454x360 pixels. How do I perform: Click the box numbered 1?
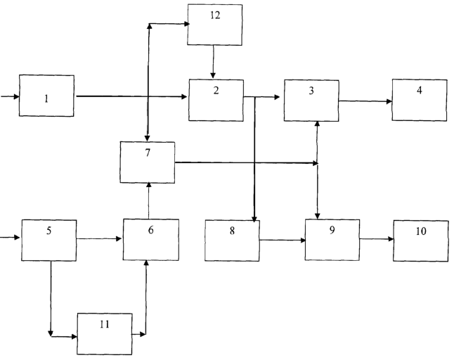[x=46, y=96]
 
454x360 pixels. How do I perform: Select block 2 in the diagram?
[x=216, y=100]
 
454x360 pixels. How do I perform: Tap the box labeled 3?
[x=311, y=101]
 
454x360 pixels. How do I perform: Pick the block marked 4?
[x=420, y=100]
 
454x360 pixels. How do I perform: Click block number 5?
[x=49, y=240]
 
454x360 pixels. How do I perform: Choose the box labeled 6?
[x=151, y=240]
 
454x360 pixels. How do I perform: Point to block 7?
[x=148, y=162]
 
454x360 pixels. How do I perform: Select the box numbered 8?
[x=232, y=240]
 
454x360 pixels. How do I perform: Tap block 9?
[x=332, y=240]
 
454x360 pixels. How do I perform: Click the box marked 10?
[x=421, y=240]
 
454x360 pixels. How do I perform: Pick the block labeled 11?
[x=105, y=334]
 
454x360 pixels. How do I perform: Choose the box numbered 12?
[x=215, y=25]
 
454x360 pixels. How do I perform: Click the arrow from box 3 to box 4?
[x=365, y=101]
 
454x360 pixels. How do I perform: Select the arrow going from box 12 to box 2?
[x=214, y=62]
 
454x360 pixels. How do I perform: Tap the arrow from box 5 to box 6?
[x=99, y=238]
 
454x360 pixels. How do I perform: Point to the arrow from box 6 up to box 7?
[x=149, y=200]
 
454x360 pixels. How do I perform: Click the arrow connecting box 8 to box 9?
[x=283, y=240]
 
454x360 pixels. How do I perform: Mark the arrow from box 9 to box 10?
[x=377, y=239]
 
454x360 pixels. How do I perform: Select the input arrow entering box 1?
[x=10, y=96]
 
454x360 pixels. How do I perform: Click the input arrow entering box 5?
[x=10, y=238]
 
